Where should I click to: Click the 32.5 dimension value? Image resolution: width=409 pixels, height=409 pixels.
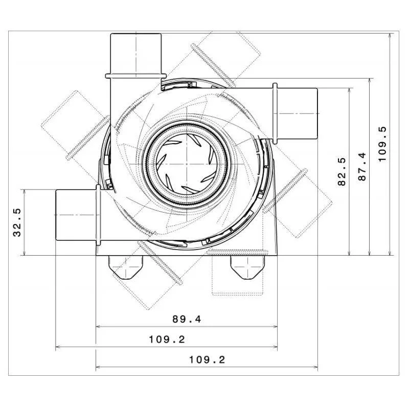17,222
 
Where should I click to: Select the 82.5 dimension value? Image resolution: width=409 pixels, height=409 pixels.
342,171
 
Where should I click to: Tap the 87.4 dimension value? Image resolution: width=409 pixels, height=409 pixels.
362,167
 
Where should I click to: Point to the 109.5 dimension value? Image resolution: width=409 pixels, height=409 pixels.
383,144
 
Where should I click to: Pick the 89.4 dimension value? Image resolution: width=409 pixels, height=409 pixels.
187,319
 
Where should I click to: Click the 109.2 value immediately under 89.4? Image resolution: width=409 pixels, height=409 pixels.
167,339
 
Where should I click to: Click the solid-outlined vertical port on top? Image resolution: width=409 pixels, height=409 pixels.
136,53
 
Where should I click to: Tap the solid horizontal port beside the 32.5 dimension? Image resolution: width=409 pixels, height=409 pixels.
76,214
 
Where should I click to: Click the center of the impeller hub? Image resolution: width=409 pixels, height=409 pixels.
187,163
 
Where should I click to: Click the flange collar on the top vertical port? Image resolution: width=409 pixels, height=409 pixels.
136,76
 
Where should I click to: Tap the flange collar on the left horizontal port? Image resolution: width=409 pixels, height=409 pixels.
97,214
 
